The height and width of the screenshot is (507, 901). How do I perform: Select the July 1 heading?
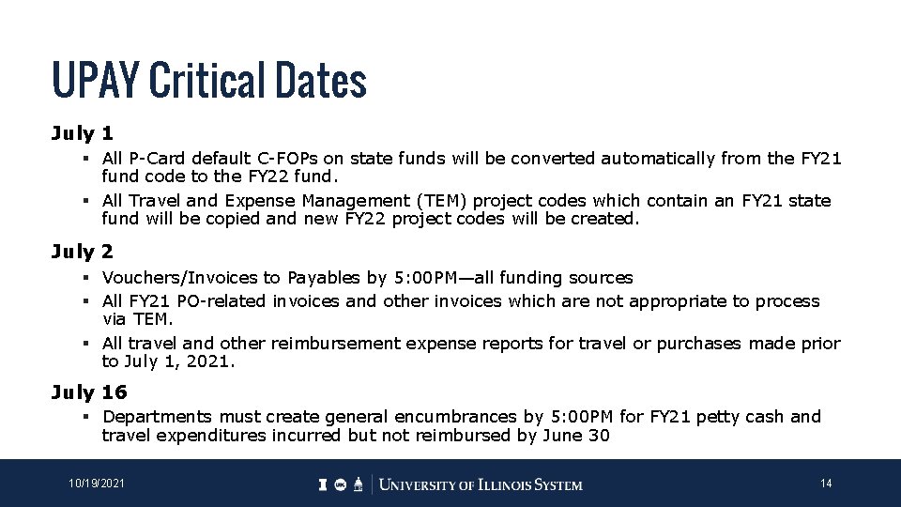click(83, 134)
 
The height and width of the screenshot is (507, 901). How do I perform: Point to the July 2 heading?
click(83, 252)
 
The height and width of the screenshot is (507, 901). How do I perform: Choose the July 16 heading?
click(89, 392)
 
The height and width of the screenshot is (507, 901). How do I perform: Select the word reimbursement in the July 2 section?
click(283, 344)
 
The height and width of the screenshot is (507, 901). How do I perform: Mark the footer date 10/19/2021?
click(96, 484)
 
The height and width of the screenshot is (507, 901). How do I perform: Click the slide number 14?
click(826, 484)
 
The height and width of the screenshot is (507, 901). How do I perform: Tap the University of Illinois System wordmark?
click(481, 484)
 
